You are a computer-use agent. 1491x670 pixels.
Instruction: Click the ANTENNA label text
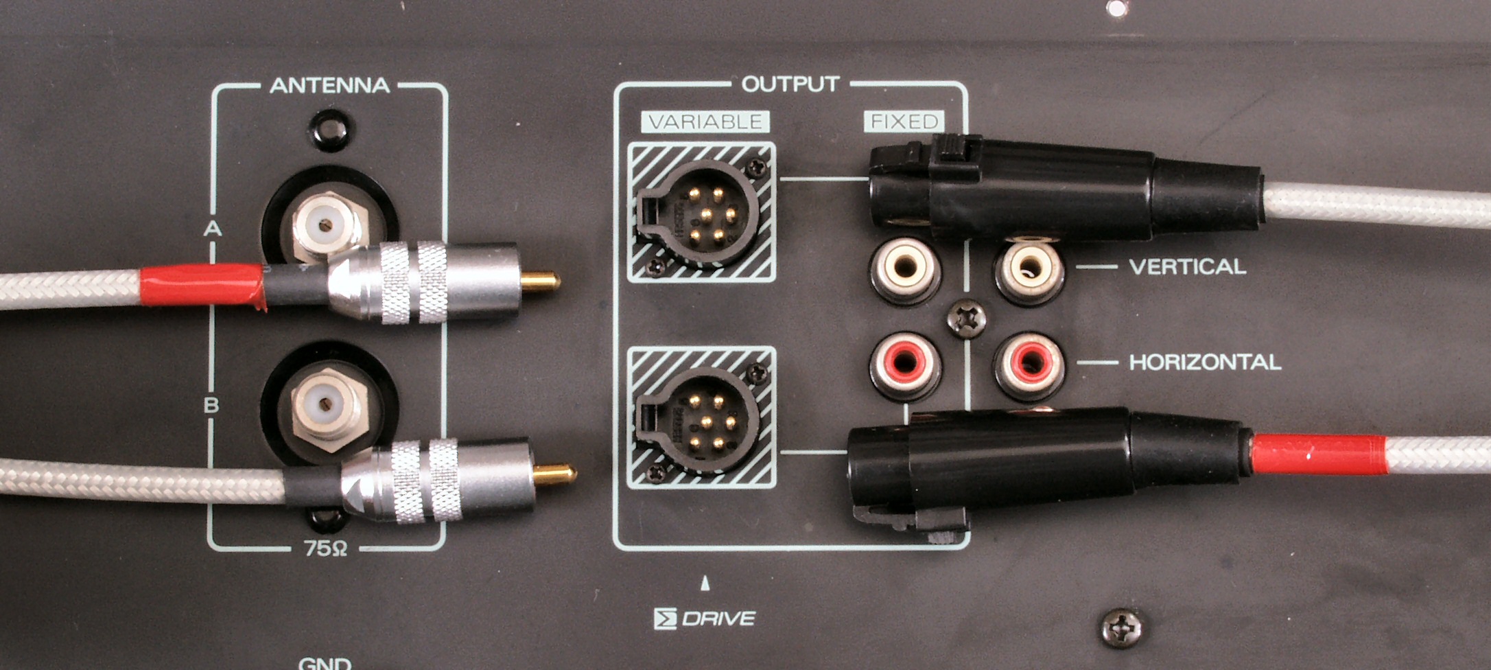click(x=330, y=86)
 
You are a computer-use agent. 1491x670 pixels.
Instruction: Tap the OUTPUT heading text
click(x=790, y=84)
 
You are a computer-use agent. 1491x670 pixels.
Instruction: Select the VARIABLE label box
click(x=705, y=122)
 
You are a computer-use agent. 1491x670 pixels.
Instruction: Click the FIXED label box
click(x=904, y=122)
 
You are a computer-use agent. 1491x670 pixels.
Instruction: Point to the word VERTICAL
click(x=1188, y=266)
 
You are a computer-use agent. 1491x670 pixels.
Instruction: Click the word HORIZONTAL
click(x=1205, y=362)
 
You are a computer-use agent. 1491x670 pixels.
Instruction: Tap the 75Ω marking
click(x=325, y=548)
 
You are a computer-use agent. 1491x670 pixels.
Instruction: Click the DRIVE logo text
click(x=705, y=619)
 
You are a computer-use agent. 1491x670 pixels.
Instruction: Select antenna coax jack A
click(x=327, y=225)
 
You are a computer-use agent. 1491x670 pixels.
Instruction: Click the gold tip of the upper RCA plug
click(x=541, y=281)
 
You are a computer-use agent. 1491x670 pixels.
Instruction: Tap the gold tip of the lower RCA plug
click(x=555, y=474)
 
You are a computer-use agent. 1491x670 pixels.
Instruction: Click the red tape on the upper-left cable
click(x=202, y=285)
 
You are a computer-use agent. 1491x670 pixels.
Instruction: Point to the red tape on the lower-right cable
click(x=1318, y=454)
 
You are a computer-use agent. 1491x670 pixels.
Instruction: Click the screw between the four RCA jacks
click(x=966, y=319)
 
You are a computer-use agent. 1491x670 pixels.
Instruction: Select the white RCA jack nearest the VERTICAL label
click(x=1029, y=268)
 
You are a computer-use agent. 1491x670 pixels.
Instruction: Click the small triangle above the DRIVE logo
click(x=705, y=584)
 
